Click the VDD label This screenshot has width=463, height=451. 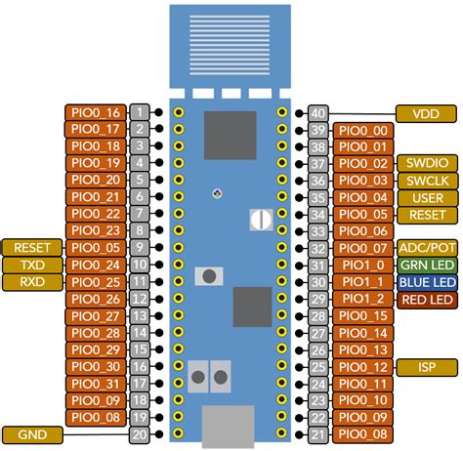pyautogui.click(x=427, y=113)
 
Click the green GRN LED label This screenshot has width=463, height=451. pyautogui.click(x=427, y=266)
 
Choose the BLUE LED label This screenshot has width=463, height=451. pyautogui.click(x=427, y=282)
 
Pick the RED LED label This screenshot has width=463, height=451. pyautogui.click(x=427, y=299)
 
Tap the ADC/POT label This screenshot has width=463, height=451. pyautogui.click(x=427, y=248)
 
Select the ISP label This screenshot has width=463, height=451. pyautogui.click(x=427, y=366)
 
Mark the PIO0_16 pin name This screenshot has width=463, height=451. pyautogui.click(x=96, y=113)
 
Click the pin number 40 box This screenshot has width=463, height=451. pyautogui.click(x=317, y=113)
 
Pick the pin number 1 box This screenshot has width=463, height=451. pyautogui.click(x=141, y=113)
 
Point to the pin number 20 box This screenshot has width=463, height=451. pyautogui.click(x=141, y=434)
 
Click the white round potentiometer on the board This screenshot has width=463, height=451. pyautogui.click(x=260, y=220)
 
